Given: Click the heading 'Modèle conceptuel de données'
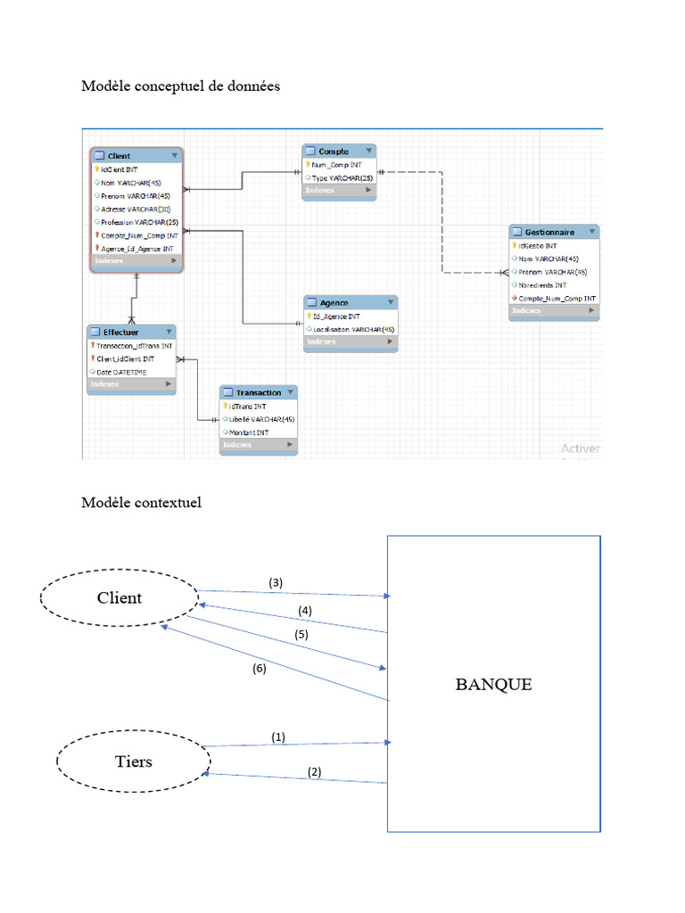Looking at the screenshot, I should pyautogui.click(x=180, y=86).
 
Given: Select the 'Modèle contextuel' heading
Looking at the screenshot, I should pyautogui.click(x=141, y=503).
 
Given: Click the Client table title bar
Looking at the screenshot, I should pyautogui.click(x=136, y=156).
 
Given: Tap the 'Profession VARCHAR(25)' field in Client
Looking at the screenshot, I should pyautogui.click(x=140, y=222).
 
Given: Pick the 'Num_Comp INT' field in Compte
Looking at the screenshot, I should pyautogui.click(x=337, y=165).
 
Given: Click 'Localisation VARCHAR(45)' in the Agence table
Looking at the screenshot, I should pyautogui.click(x=353, y=329).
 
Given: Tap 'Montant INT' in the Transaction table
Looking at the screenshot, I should pyautogui.click(x=250, y=432).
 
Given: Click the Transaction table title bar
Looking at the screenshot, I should pyautogui.click(x=259, y=392).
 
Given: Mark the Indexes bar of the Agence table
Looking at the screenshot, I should pyautogui.click(x=350, y=341).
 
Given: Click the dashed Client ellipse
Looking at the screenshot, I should pyautogui.click(x=120, y=598).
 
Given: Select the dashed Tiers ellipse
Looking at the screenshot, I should pyautogui.click(x=133, y=762).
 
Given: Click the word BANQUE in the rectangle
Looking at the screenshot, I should pyautogui.click(x=493, y=685).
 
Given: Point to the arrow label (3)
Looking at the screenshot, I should pyautogui.click(x=276, y=582).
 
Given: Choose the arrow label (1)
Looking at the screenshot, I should pyautogui.click(x=278, y=737).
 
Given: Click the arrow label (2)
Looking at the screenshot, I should pyautogui.click(x=314, y=772).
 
